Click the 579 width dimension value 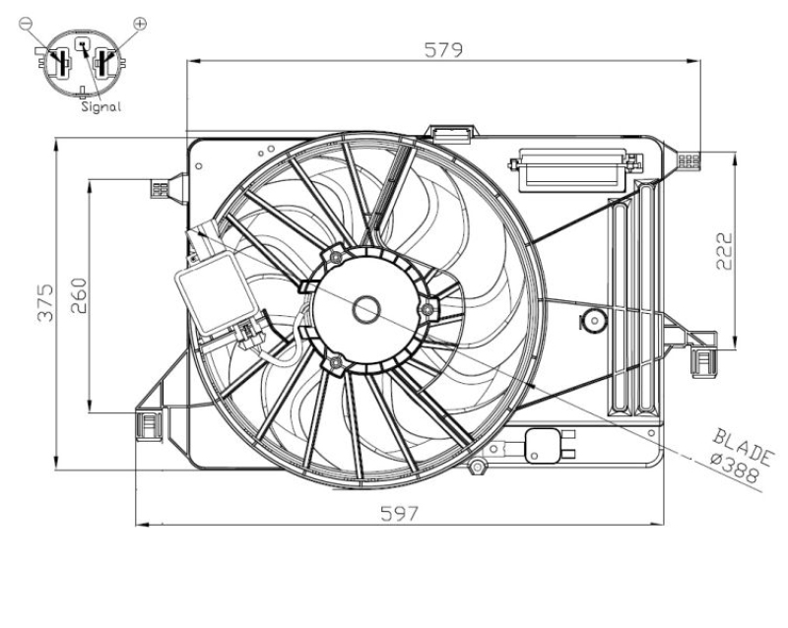[x=444, y=49]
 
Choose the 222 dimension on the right [x=723, y=250]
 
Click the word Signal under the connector [x=101, y=107]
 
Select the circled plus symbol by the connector [x=139, y=22]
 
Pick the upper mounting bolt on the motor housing [x=336, y=257]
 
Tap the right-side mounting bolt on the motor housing [x=427, y=312]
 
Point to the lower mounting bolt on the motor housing [x=336, y=364]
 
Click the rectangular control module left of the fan [x=212, y=291]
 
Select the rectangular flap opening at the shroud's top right [x=570, y=170]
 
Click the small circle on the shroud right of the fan [x=594, y=320]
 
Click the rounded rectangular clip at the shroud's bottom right [x=544, y=446]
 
